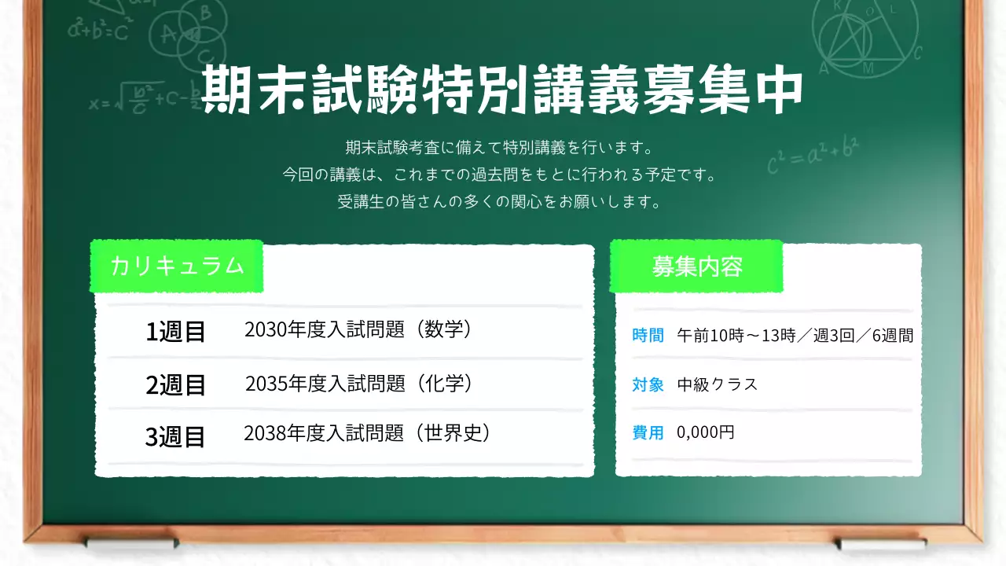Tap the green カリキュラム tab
pos(177,266)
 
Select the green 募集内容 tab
pos(696,266)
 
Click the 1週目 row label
pos(175,332)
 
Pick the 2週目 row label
pos(175,385)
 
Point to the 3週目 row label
pos(175,437)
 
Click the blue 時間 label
pos(648,336)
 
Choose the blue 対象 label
pos(648,384)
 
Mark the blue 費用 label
pos(648,432)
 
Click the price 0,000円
pos(705,432)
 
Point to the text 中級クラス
pos(717,384)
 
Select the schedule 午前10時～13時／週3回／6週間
pos(795,336)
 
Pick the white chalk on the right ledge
pos(882,543)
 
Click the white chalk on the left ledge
pos(132,542)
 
